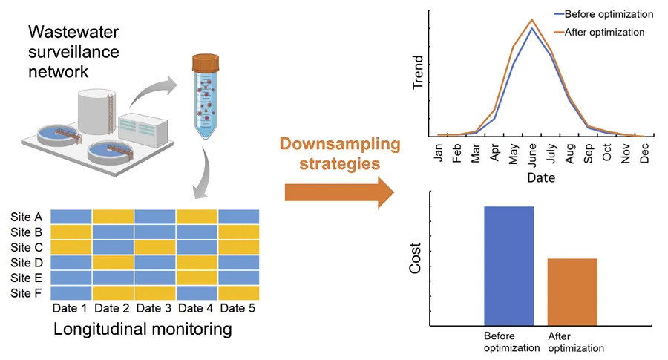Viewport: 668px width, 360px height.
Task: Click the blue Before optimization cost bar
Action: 508,266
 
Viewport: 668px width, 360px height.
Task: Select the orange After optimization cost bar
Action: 572,292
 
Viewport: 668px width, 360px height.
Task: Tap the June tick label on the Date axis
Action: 531,153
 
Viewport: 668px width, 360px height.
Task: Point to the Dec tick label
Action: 644,151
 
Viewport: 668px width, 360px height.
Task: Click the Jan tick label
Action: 439,150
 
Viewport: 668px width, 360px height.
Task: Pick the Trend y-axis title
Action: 419,72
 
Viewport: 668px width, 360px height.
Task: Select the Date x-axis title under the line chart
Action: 540,178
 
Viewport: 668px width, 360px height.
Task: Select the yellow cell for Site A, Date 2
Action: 113,217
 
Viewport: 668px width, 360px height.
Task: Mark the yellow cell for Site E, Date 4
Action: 197,278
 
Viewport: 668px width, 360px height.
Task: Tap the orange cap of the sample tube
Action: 206,62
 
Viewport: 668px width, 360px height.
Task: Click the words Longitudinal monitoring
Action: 143,328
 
